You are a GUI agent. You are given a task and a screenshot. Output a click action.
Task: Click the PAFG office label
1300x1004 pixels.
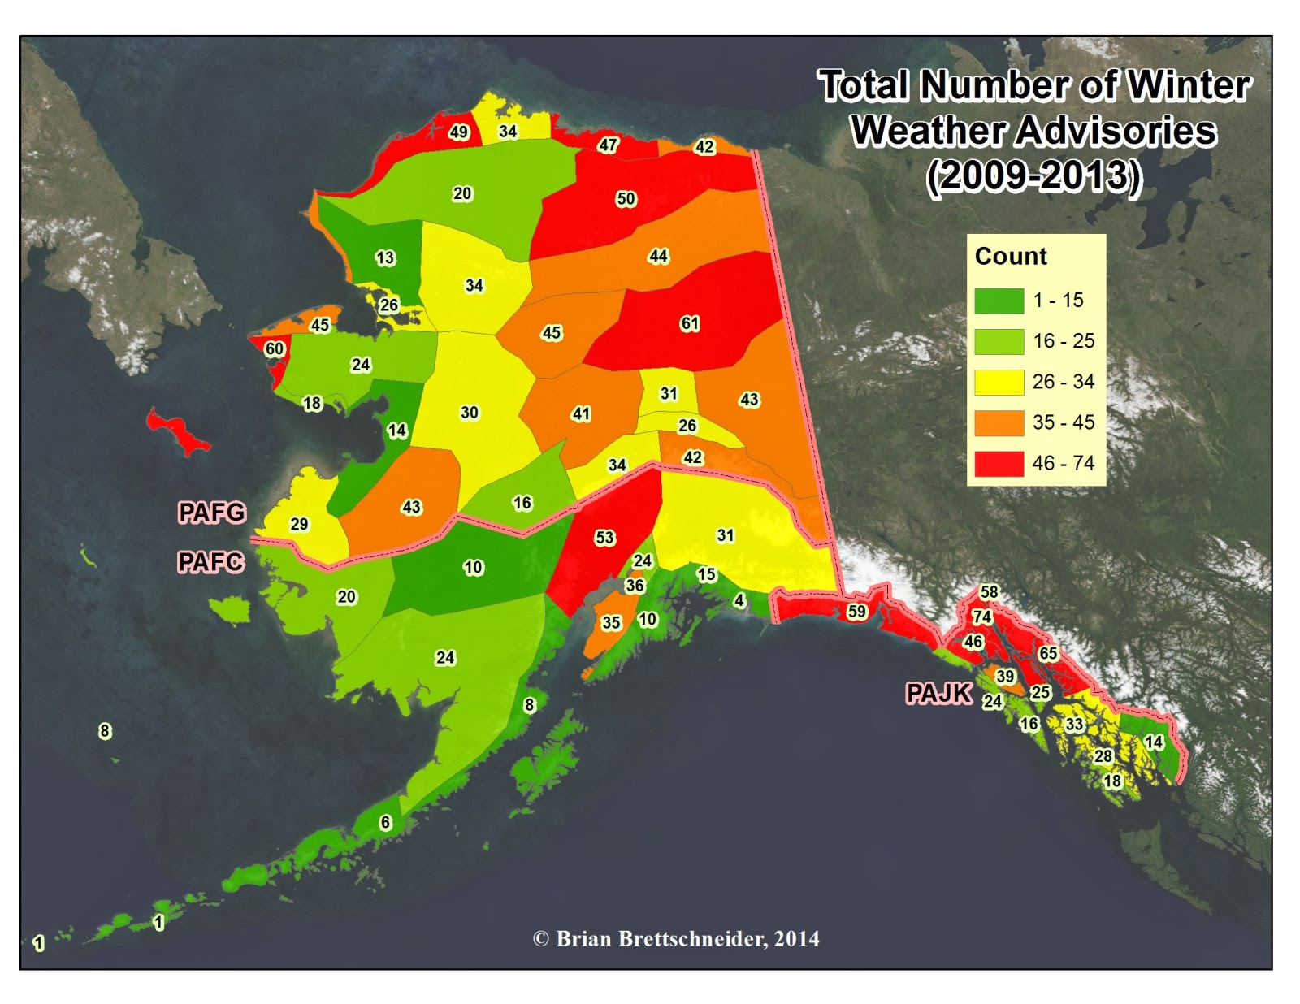[211, 513]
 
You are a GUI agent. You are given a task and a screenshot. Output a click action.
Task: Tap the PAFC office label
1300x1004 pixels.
[210, 561]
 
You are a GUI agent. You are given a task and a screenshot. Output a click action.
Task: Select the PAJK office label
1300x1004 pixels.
[938, 693]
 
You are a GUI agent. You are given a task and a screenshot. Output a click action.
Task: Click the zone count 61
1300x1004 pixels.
[690, 323]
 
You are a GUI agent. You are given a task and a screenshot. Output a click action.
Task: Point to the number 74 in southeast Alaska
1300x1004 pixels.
[982, 617]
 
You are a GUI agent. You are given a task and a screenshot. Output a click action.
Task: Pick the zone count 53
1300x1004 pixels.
[604, 538]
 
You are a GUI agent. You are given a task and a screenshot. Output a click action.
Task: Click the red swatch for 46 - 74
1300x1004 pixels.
[999, 463]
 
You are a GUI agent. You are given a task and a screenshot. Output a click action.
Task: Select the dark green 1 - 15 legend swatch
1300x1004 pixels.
[999, 301]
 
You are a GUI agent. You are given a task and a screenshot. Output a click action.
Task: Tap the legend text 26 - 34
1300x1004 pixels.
[1063, 382]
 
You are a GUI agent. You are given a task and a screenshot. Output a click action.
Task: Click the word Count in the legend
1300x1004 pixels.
[1011, 257]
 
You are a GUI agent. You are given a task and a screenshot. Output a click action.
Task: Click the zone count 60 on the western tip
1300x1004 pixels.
[275, 349]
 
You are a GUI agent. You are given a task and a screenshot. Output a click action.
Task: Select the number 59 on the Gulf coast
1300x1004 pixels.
[856, 611]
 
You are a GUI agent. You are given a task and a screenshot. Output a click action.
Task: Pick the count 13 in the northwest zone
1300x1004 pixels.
[385, 258]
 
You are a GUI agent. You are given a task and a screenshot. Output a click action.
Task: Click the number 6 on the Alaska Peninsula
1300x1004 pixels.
[386, 822]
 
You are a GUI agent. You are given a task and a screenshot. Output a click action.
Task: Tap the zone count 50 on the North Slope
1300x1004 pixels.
[626, 199]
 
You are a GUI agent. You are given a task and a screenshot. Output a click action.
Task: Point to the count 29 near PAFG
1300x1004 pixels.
[299, 524]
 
